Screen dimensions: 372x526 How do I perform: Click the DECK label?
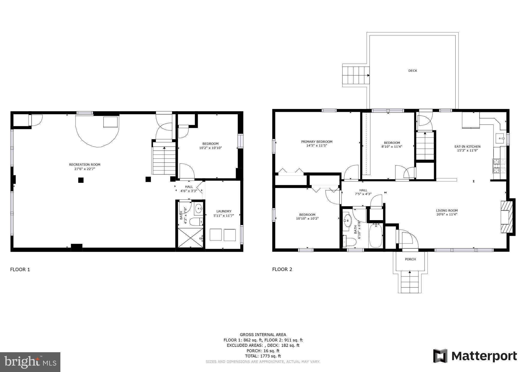tap(413, 71)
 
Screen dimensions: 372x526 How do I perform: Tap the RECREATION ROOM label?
tap(84, 165)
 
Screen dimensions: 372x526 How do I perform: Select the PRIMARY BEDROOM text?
tap(317, 142)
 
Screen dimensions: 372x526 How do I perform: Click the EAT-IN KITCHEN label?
tap(467, 147)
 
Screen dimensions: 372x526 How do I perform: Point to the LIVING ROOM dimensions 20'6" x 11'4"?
tap(447, 215)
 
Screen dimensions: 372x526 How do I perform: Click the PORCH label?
tap(410, 259)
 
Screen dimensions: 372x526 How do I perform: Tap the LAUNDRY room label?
tap(224, 211)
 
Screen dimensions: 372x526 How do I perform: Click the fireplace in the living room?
tap(507, 217)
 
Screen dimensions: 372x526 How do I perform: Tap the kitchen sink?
tap(500, 139)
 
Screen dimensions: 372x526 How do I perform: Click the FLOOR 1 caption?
tap(20, 269)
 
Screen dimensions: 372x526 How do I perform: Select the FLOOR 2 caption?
tap(282, 269)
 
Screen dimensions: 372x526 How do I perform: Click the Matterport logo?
tap(475, 356)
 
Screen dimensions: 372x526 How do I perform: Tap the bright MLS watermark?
tap(30, 362)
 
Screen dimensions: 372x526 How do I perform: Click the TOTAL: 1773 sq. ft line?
tap(263, 356)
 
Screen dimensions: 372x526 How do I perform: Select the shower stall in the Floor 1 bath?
tap(190, 238)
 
